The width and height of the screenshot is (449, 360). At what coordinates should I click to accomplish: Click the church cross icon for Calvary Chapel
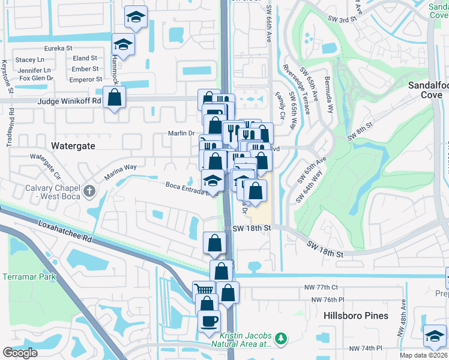coord(89,191)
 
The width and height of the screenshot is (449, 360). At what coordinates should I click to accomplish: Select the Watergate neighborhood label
coord(74,146)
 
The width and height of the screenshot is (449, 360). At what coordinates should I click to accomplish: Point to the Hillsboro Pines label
coord(356,316)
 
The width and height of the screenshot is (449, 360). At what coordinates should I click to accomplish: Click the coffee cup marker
coord(209,321)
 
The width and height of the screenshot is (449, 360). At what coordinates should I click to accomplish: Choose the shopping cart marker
coord(204,290)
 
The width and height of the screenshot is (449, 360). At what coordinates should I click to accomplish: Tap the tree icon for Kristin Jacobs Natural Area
coord(280,340)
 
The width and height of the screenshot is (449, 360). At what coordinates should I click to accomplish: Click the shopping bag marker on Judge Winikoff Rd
coord(114,97)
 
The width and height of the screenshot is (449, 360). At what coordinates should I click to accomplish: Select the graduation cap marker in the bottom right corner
coord(434,335)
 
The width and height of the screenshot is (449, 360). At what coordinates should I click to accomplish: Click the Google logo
coord(20,353)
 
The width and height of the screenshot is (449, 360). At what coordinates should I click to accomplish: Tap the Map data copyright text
coord(423,355)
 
